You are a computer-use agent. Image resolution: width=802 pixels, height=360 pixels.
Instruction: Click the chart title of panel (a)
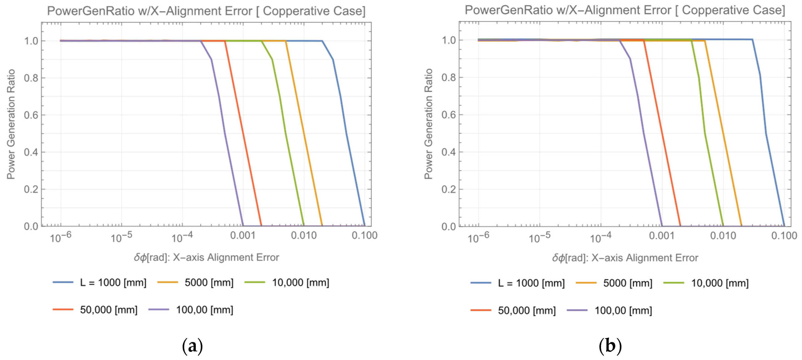click(x=206, y=11)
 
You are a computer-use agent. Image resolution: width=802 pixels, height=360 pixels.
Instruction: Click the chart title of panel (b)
click(x=625, y=10)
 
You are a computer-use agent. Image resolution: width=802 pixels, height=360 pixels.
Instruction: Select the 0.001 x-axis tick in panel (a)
click(x=243, y=236)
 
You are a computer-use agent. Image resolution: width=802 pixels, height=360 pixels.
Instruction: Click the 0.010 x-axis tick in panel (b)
click(x=723, y=236)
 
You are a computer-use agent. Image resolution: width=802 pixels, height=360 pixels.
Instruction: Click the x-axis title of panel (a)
click(x=206, y=257)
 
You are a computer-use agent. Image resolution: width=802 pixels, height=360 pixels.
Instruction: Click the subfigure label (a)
click(x=192, y=346)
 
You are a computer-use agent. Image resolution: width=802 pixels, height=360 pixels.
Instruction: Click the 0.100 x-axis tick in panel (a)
click(x=364, y=236)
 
